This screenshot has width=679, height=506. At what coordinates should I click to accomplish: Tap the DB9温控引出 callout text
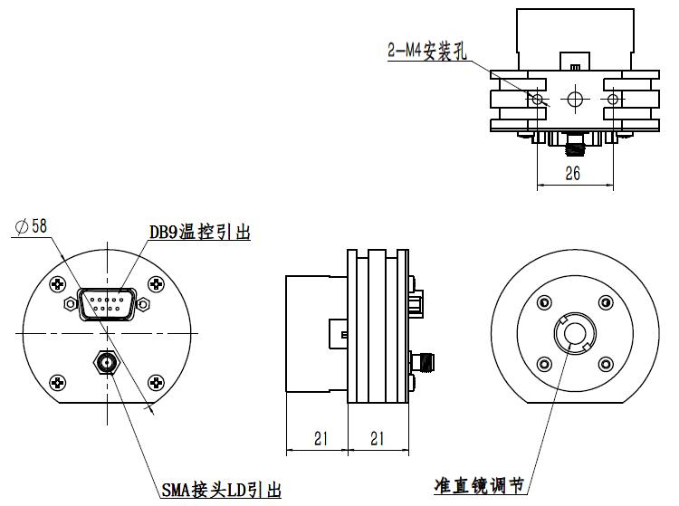(x=199, y=233)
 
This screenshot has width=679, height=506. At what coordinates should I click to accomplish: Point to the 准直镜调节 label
(x=480, y=486)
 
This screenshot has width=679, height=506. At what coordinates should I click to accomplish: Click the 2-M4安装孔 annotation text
(x=425, y=51)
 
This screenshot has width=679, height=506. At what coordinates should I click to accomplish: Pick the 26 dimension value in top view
(x=572, y=175)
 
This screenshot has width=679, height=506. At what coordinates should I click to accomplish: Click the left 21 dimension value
(x=320, y=438)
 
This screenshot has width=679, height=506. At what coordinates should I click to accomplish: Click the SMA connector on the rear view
(x=107, y=363)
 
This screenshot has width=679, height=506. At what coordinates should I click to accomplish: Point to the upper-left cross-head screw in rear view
(x=60, y=284)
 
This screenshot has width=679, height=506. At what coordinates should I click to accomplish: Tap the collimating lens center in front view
(x=573, y=335)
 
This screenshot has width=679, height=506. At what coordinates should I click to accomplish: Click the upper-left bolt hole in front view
(x=543, y=304)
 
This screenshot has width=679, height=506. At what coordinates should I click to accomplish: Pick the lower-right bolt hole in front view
(x=604, y=366)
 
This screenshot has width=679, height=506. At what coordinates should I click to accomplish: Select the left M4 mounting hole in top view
(x=539, y=98)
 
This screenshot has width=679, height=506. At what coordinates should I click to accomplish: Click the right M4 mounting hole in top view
(x=612, y=98)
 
